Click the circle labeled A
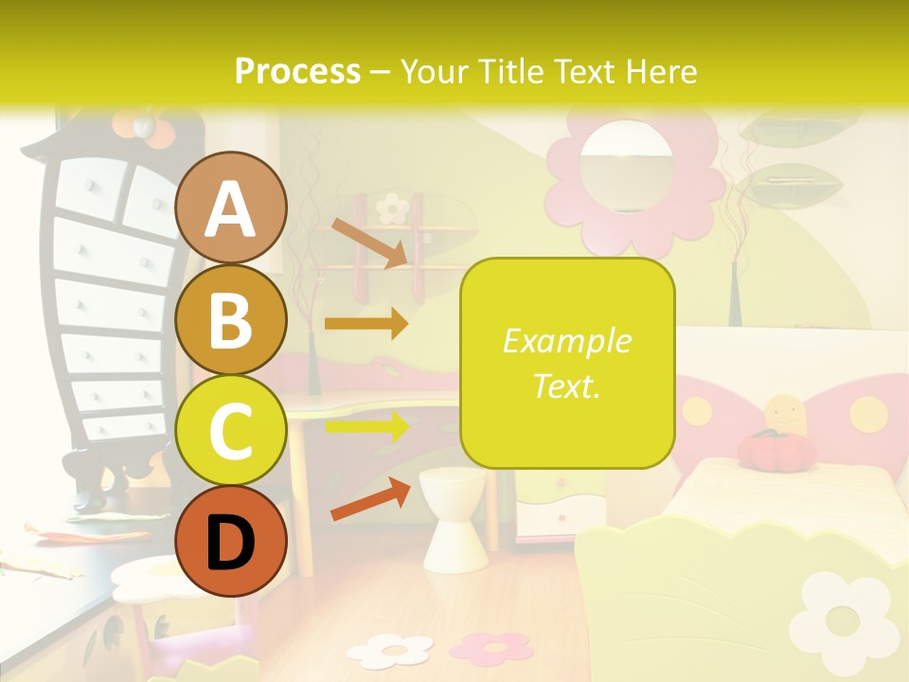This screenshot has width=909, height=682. [230, 208]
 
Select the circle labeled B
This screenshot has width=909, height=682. [230, 320]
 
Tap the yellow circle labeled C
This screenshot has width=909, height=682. [230, 431]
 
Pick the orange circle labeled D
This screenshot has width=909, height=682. [230, 541]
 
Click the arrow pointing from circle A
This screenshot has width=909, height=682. [368, 243]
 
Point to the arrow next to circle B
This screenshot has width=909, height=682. [366, 324]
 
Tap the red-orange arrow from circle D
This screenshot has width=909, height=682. [369, 499]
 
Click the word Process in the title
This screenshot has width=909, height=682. [297, 71]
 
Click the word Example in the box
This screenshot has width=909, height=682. [566, 341]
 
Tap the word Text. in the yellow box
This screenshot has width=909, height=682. [566, 386]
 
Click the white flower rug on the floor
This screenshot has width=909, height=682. [390, 650]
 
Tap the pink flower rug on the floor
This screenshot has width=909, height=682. [491, 647]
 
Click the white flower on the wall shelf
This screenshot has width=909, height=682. [391, 206]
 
